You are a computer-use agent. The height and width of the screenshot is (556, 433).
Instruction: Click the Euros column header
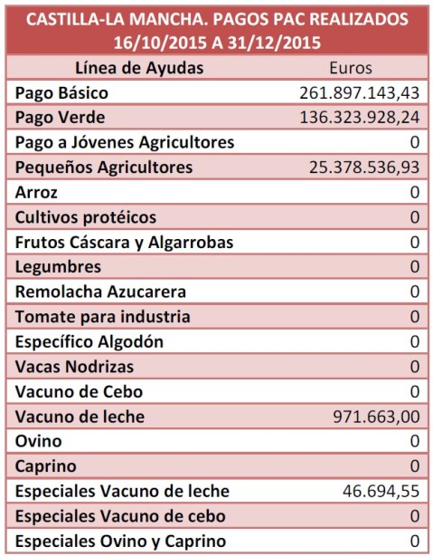coord(351,68)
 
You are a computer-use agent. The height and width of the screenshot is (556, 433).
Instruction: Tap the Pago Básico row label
coord(62,93)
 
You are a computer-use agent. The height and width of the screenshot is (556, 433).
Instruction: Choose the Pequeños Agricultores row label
coord(104,168)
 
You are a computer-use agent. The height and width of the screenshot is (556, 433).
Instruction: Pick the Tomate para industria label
coord(103,317)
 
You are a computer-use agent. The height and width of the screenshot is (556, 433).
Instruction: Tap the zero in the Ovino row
coord(414,442)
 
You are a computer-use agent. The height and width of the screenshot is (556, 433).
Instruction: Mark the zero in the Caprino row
coord(414,467)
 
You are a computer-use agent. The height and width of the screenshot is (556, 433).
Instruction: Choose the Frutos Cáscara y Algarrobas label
coord(125,243)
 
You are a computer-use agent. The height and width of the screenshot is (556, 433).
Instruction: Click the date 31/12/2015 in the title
coord(269,41)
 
